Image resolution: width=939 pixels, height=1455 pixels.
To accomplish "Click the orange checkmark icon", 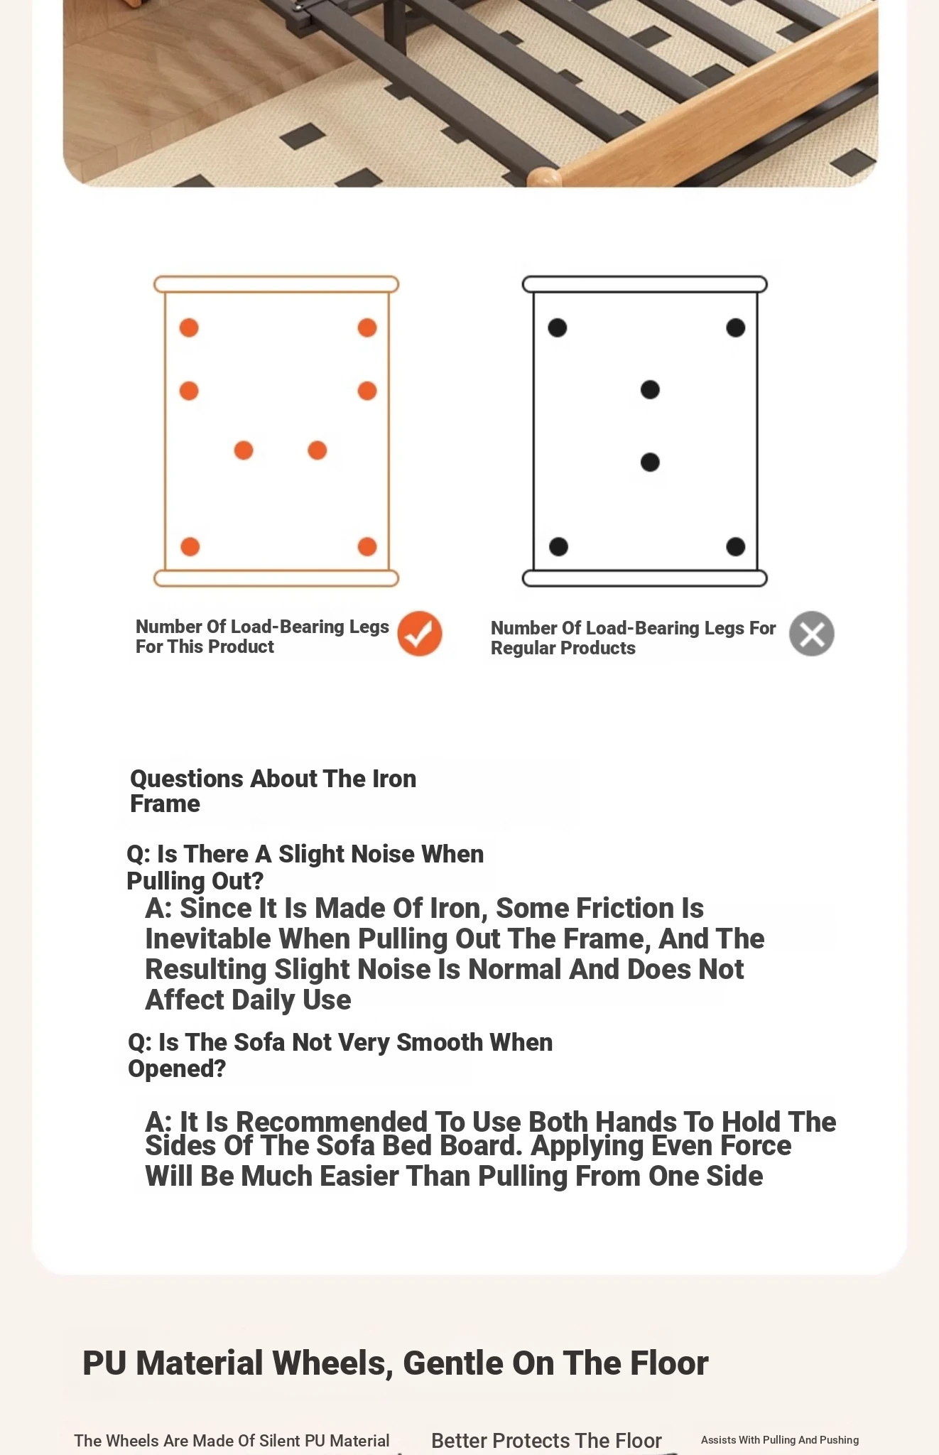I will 419,633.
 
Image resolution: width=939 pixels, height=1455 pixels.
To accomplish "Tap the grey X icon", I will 811,633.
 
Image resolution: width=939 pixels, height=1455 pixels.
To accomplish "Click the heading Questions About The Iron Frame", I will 273,791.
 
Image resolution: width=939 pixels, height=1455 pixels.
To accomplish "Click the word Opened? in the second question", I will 177,1069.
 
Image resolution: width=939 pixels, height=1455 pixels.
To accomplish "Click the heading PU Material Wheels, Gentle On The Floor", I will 395,1363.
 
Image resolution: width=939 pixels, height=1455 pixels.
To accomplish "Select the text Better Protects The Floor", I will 546,1440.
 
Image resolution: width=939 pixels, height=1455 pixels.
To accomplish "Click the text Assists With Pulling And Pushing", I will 779,1440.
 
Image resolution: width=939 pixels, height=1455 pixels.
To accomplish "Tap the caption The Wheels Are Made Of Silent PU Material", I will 232,1441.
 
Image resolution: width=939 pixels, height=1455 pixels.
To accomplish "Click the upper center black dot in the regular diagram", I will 650,389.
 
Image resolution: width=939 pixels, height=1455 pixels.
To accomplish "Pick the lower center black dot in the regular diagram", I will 650,463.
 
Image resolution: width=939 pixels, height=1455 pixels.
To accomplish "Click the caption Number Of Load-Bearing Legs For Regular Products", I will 633,638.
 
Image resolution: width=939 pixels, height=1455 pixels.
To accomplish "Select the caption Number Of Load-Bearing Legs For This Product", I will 262,637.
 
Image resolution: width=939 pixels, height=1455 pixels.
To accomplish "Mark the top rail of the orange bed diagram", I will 276,284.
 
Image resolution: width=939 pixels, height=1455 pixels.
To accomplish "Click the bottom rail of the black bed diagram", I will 644,578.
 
